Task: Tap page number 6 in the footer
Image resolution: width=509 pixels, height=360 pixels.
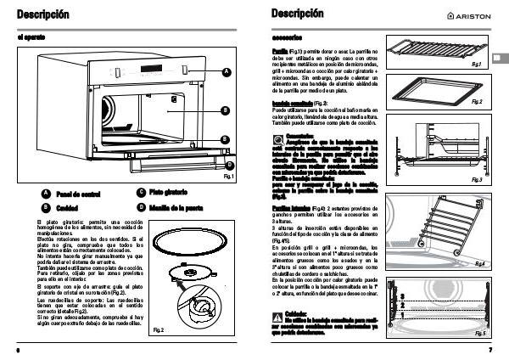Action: pos(17,349)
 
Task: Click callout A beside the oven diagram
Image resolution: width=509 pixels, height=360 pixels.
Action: pos(227,73)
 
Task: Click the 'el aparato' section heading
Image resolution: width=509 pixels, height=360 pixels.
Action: pos(32,38)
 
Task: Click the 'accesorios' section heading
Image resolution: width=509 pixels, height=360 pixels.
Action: pos(289,38)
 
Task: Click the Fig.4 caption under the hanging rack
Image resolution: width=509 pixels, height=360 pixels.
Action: pos(479,264)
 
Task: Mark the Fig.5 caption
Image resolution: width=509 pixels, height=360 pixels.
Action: pos(479,334)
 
